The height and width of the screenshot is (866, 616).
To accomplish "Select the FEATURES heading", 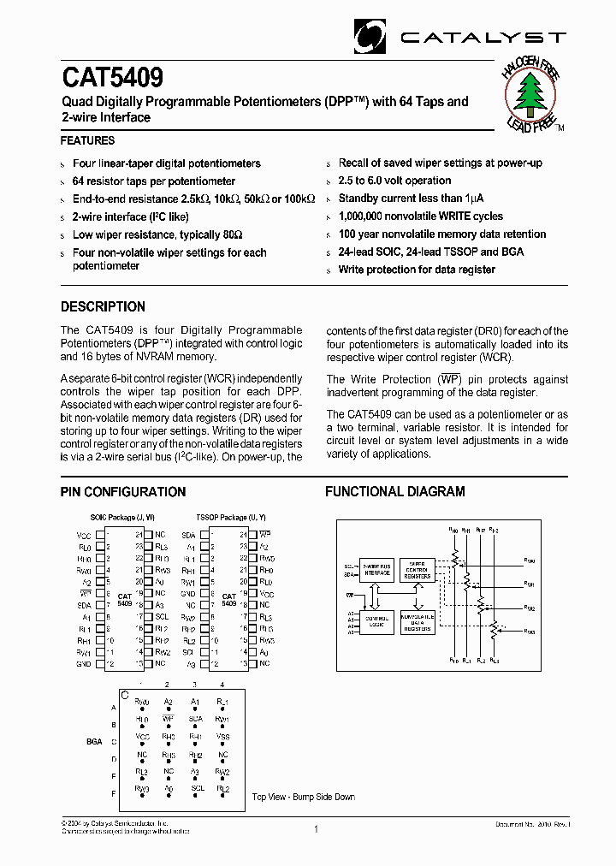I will click(87, 140).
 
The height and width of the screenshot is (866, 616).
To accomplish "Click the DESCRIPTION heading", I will click(103, 306).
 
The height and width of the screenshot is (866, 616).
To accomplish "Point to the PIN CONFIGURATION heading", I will click(122, 492).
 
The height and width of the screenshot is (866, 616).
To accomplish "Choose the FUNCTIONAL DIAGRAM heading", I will click(394, 492).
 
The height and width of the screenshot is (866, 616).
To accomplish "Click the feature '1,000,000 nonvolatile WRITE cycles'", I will click(420, 216).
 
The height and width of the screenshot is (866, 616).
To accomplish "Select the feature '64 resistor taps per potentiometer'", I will click(154, 181).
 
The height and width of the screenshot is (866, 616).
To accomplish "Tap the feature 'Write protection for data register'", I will click(417, 270).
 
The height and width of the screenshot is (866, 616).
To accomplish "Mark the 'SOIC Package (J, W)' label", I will click(121, 519).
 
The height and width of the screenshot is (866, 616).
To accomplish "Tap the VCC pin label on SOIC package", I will click(84, 534).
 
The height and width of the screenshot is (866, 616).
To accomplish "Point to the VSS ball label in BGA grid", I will click(222, 735).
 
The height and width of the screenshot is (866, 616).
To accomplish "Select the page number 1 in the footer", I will click(316, 828).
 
